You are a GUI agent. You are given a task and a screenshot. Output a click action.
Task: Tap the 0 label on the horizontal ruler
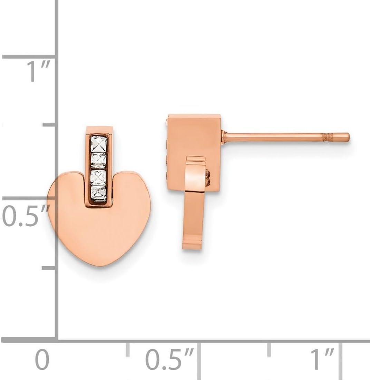click(42, 359)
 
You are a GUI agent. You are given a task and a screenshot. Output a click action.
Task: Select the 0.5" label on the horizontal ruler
click(169, 359)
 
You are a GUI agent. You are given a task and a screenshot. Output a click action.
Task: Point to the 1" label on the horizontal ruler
click(322, 359)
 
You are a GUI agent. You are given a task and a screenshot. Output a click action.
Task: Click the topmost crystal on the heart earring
click(99, 144)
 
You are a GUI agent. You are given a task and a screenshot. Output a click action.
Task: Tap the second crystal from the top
click(99, 161)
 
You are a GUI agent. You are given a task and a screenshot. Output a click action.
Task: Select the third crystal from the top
click(98, 178)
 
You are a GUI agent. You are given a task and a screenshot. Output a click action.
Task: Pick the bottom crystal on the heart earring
click(99, 194)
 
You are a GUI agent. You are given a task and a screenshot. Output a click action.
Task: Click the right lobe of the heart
click(132, 191)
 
